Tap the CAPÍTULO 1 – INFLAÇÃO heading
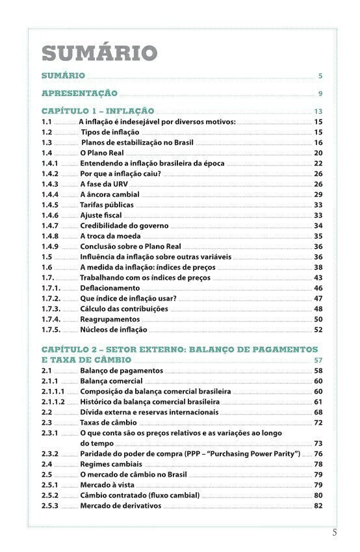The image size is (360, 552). [97, 111]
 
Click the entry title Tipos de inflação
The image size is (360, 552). [110, 132]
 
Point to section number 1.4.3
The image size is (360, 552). [50, 184]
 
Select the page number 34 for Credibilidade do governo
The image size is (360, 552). [318, 225]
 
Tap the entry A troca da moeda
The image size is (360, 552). [110, 236]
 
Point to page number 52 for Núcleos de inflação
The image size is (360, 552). [318, 329]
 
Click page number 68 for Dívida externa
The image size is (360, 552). [318, 412]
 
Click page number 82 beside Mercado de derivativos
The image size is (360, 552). [318, 505]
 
